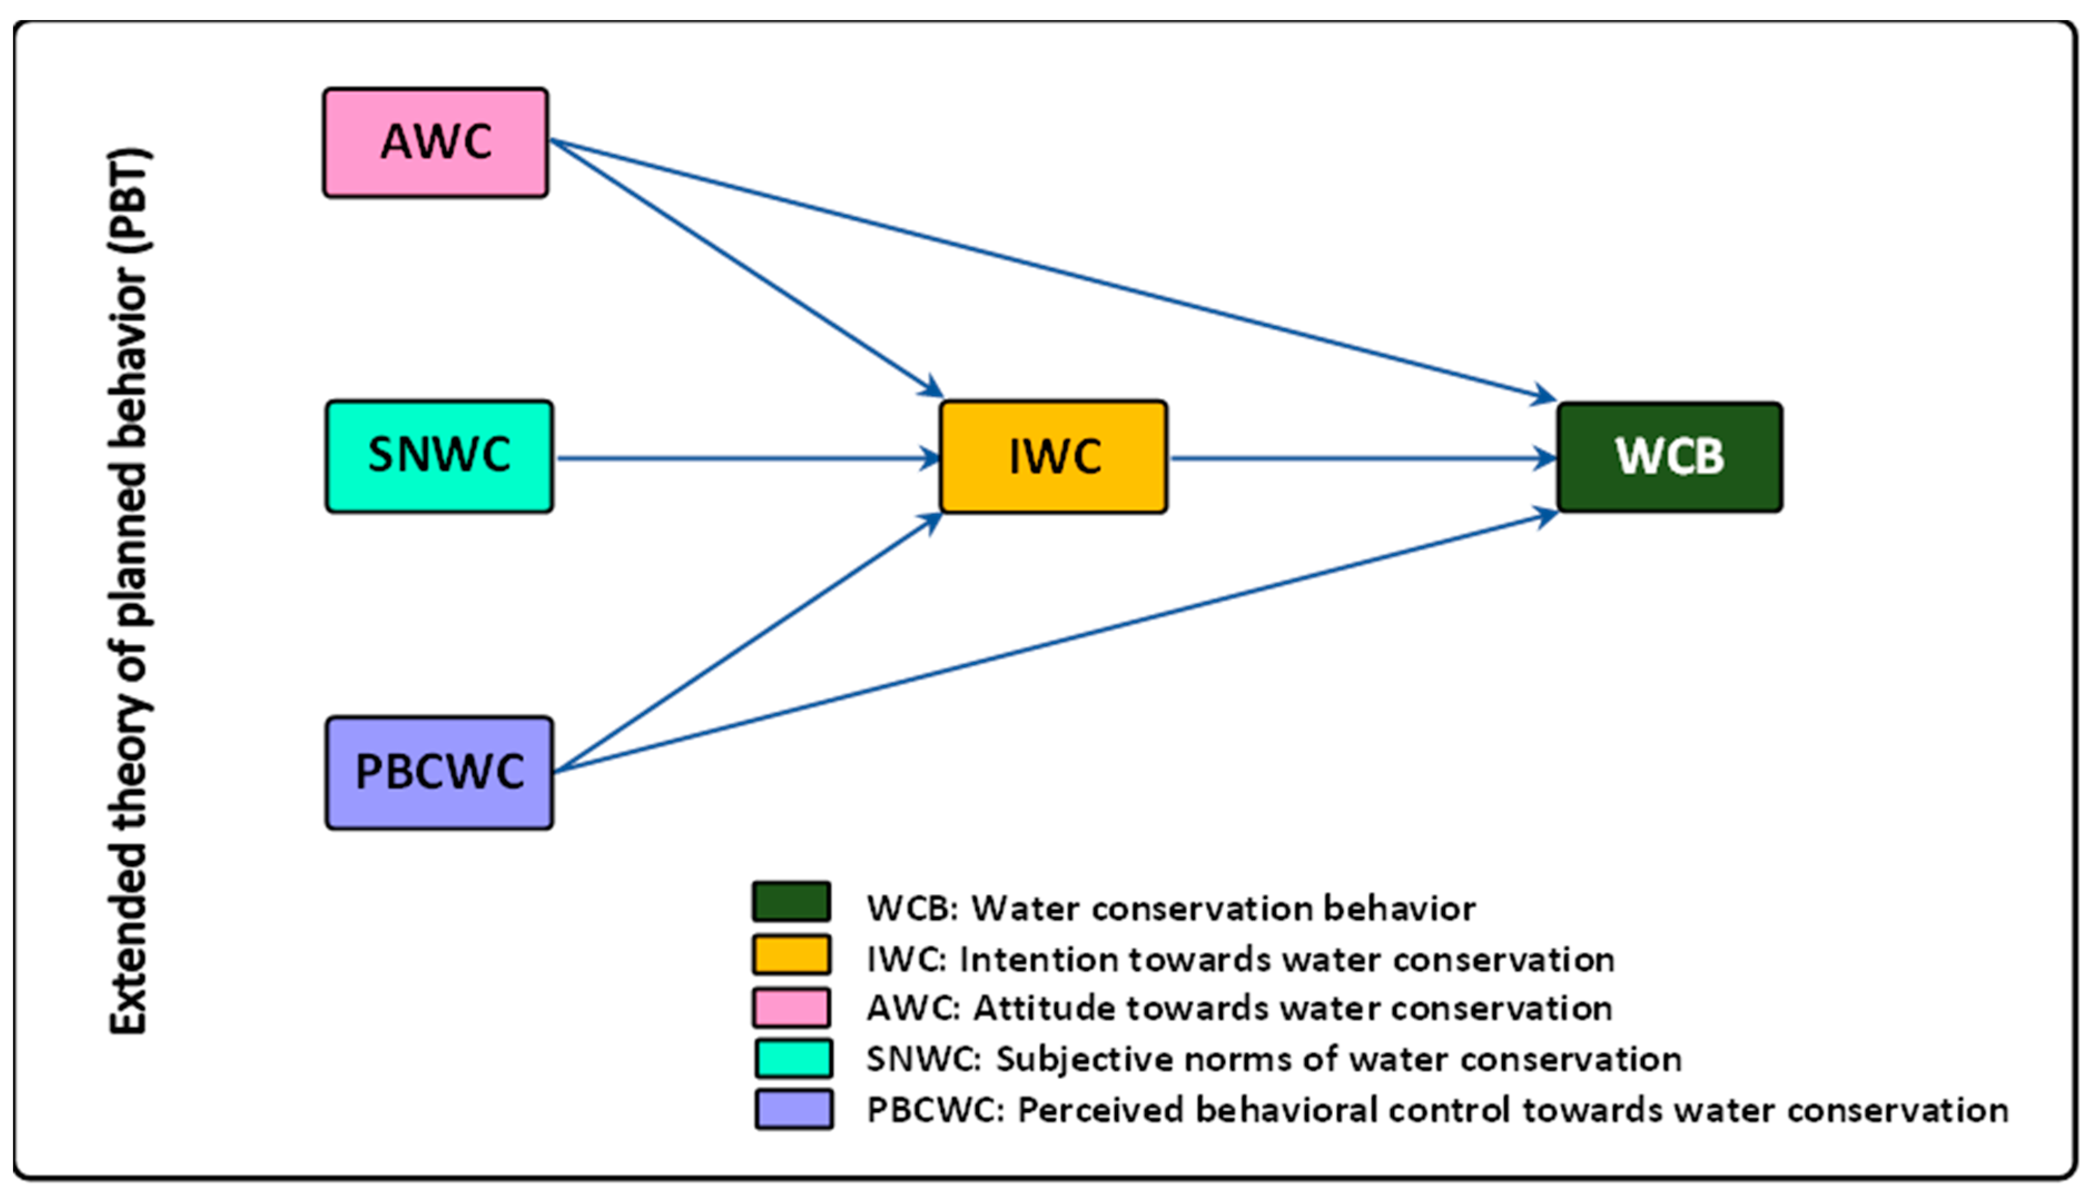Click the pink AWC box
point(435,143)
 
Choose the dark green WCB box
point(1669,457)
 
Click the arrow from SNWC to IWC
point(747,458)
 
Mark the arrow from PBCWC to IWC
point(747,643)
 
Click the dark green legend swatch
point(791,901)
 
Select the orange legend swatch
point(791,954)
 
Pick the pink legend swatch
point(791,1007)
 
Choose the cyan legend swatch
point(793,1058)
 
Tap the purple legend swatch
point(793,1109)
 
